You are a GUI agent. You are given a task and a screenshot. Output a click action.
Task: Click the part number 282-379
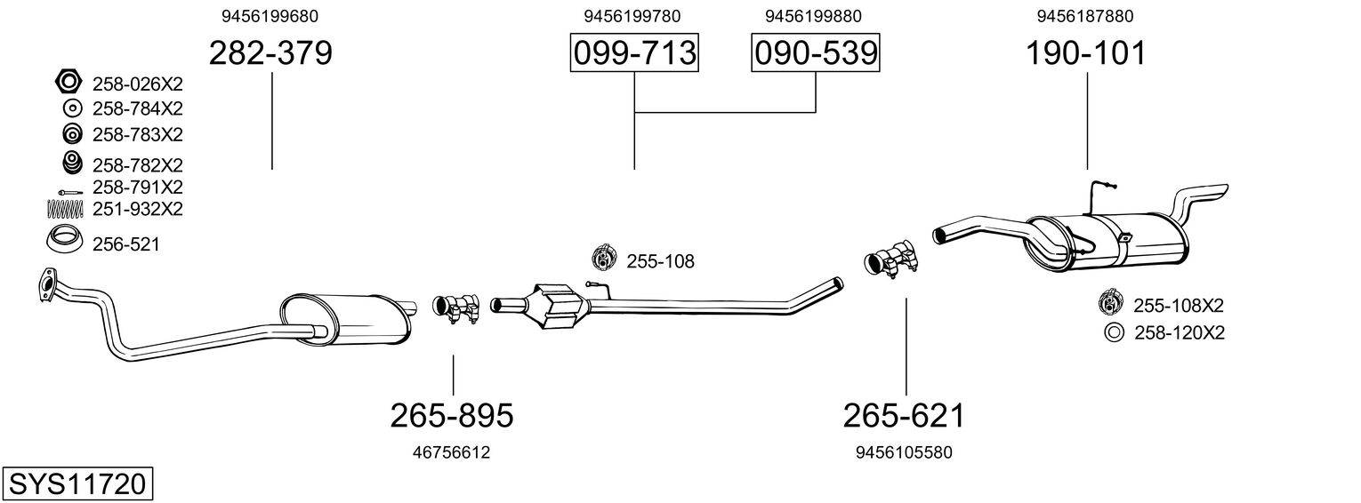pyautogui.click(x=270, y=53)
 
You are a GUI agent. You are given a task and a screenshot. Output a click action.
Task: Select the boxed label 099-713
pyautogui.click(x=634, y=53)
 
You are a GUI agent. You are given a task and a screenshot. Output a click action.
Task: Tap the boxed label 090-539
pyautogui.click(x=816, y=53)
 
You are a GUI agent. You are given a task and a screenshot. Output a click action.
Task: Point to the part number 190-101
pyautogui.click(x=1086, y=53)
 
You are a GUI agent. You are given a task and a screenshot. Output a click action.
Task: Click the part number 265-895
pyautogui.click(x=452, y=415)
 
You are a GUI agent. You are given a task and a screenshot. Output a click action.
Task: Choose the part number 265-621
pyautogui.click(x=904, y=415)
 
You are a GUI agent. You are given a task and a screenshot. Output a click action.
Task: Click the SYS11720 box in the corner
pyautogui.click(x=77, y=484)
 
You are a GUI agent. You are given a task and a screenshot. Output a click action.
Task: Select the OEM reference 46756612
pyautogui.click(x=451, y=452)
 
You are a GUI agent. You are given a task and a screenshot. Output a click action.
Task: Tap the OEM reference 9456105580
pyautogui.click(x=904, y=452)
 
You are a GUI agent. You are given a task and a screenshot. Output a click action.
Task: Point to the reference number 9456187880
pyautogui.click(x=1084, y=16)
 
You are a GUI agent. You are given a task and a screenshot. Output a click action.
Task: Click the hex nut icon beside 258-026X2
pyautogui.click(x=68, y=83)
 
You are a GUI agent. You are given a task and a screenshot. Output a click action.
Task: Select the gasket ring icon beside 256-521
pyautogui.click(x=64, y=240)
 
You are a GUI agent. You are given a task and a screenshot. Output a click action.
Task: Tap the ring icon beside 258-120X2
pyautogui.click(x=1112, y=333)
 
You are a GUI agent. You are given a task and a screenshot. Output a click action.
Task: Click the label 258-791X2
pyautogui.click(x=137, y=188)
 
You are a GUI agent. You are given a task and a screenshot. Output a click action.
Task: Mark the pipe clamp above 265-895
pyautogui.click(x=455, y=307)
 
